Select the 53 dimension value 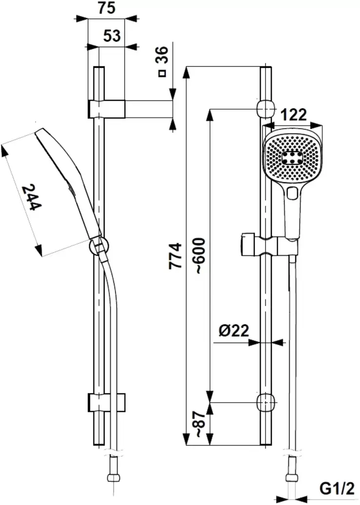[x=112, y=36]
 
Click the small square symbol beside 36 [x=162, y=74]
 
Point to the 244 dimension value [x=32, y=197]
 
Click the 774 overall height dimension [x=175, y=255]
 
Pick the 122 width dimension [x=294, y=115]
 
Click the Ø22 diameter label [x=233, y=331]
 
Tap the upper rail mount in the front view [x=265, y=108]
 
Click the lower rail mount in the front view [x=265, y=403]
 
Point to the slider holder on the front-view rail [x=267, y=244]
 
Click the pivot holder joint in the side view [x=98, y=246]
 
